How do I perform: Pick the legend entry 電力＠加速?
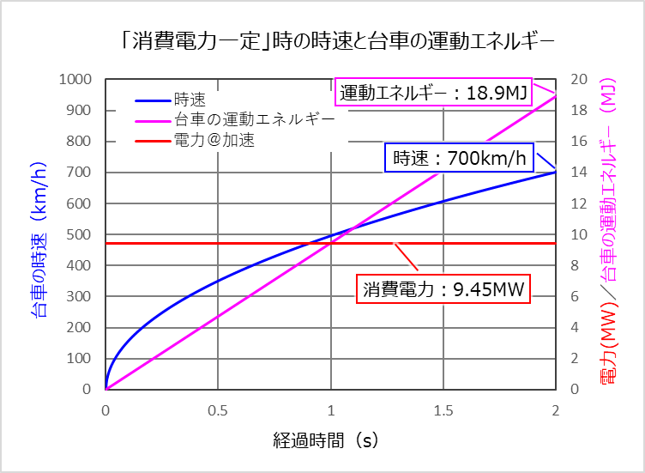[214, 138]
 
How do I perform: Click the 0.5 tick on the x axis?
[218, 410]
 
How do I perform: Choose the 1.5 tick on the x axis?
[443, 410]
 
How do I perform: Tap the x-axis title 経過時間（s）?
[331, 441]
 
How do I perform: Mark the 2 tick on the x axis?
[556, 410]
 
